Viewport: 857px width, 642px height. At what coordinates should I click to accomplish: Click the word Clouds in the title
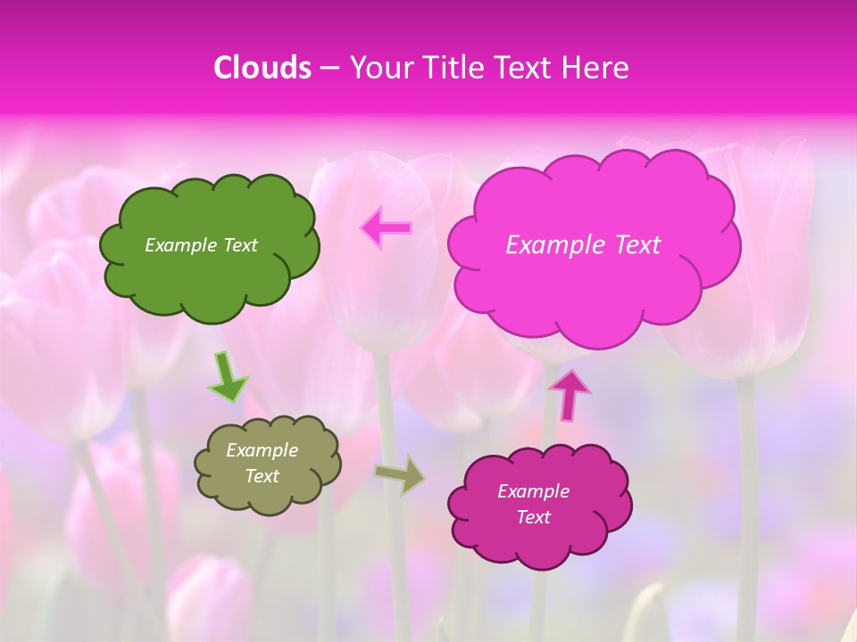pos(262,68)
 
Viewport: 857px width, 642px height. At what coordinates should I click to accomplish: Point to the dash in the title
pos(329,69)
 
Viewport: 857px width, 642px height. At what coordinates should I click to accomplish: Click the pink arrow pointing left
pos(387,227)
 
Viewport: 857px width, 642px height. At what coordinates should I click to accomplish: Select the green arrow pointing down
pos(227,376)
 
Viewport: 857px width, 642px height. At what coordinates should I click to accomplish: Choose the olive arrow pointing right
pos(400,475)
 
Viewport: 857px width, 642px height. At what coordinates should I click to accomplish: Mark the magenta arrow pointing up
pos(570,394)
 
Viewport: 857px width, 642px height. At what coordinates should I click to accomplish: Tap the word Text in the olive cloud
pos(262,476)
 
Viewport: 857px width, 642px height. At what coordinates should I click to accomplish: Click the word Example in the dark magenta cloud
pos(533,491)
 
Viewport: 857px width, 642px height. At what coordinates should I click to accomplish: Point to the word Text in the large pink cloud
pos(632,245)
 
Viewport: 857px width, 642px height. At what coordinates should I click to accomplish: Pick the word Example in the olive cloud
pos(262,450)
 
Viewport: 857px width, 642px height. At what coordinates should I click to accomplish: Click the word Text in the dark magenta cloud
pos(533,517)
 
